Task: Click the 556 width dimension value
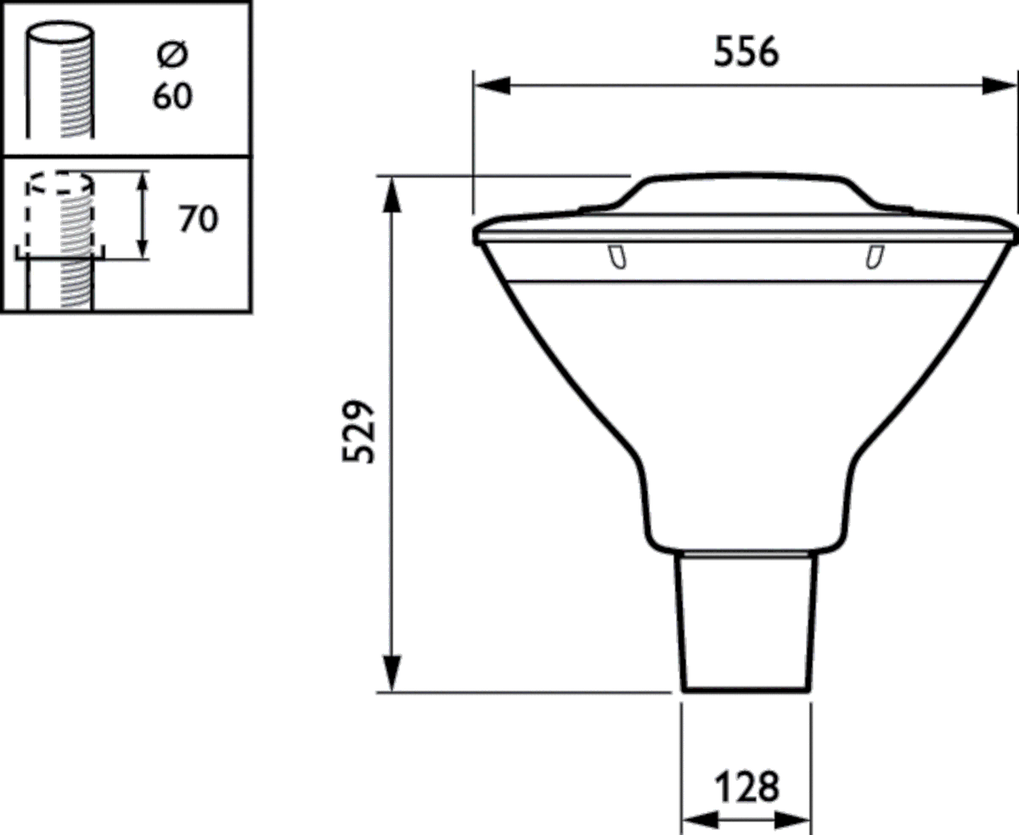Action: coord(746,53)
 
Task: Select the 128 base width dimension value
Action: coord(746,787)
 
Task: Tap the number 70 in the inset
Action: coord(198,219)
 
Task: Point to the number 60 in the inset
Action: coord(172,96)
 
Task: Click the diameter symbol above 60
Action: coord(173,56)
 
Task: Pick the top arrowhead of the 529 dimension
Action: coord(391,195)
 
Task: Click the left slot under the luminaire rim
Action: coord(617,256)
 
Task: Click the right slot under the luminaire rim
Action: coord(873,256)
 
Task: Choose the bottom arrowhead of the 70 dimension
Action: coord(144,246)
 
